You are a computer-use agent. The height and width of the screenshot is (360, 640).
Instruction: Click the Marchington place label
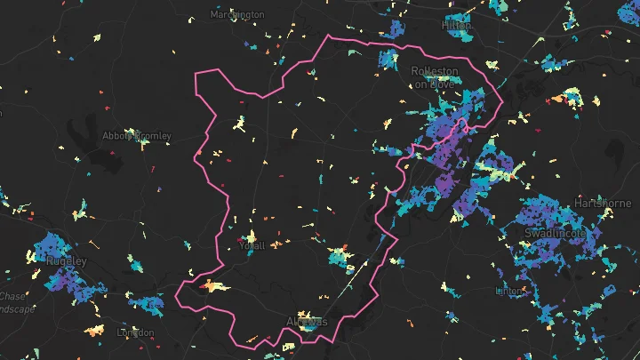(237, 14)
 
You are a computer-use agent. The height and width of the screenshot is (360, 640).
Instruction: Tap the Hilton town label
(456, 27)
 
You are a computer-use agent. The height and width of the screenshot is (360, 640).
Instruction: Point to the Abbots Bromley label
(136, 136)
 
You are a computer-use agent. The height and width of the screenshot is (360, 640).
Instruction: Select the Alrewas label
(307, 320)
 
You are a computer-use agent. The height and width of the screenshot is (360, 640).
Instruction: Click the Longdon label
(135, 332)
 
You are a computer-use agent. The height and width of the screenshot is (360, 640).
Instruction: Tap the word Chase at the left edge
(12, 296)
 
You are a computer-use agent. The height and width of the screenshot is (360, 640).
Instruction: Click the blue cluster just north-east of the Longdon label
(147, 305)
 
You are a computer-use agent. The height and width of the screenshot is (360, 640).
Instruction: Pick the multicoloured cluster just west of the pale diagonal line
(338, 259)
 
